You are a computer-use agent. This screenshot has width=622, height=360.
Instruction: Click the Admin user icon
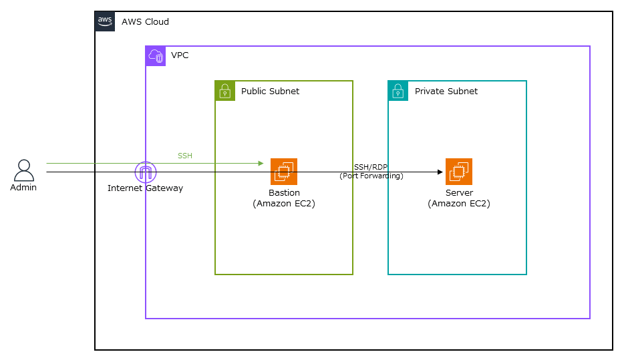coord(24,170)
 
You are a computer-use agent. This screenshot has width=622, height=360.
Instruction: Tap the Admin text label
coord(23,188)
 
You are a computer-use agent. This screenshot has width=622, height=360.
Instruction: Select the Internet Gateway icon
coord(145,172)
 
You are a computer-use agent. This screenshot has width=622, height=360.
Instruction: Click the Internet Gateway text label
coord(145,188)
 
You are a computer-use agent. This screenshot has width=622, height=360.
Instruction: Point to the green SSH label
coord(184,156)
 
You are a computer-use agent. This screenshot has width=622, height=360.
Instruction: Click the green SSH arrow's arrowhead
coord(261,163)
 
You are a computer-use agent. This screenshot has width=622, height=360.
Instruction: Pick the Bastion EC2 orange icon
coord(284,172)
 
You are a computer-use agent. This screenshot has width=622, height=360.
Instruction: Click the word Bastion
coord(284,193)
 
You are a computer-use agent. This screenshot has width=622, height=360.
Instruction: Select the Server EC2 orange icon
coord(459,172)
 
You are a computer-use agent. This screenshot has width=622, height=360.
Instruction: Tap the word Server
coord(459,193)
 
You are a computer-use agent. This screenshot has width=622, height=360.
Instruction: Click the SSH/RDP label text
coord(371,167)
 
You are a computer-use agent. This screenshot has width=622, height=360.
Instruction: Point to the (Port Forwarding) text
coord(371,176)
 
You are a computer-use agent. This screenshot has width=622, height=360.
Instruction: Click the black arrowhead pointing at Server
coord(440,172)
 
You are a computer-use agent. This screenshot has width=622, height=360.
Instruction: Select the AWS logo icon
coord(105,21)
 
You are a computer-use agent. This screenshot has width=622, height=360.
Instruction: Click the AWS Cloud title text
coord(145,22)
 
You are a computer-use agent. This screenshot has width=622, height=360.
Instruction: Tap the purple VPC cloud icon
coord(156,56)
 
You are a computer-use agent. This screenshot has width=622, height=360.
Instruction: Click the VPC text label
coord(180,55)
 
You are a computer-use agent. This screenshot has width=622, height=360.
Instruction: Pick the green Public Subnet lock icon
coord(225,91)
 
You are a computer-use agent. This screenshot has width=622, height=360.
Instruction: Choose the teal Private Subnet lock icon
coord(398,91)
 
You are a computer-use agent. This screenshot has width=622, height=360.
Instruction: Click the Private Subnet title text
coord(446,92)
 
